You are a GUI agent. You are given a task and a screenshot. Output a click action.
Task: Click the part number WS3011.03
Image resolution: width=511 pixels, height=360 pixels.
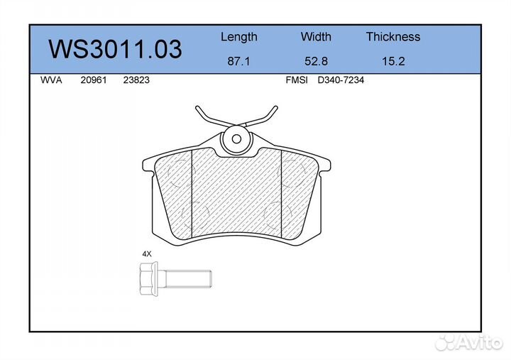(115, 49)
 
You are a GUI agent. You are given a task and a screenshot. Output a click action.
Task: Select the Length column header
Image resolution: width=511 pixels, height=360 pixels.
(239, 37)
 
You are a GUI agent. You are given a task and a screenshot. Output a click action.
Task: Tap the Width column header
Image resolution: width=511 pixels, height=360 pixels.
(316, 36)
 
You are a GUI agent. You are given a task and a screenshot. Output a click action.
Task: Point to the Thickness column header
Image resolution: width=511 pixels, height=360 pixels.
(393, 36)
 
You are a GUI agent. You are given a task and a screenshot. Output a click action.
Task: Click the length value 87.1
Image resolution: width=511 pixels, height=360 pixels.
(238, 61)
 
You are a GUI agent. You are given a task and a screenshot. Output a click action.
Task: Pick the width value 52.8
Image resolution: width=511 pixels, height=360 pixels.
(316, 61)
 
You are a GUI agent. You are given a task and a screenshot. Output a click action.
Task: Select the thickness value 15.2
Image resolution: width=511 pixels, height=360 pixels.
(393, 61)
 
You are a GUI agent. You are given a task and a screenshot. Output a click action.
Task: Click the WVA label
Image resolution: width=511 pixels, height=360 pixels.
(51, 80)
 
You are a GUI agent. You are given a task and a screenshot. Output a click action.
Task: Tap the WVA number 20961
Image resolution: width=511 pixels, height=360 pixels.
(94, 80)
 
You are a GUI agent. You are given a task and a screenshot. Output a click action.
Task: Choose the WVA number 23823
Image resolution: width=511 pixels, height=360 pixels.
(136, 80)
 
